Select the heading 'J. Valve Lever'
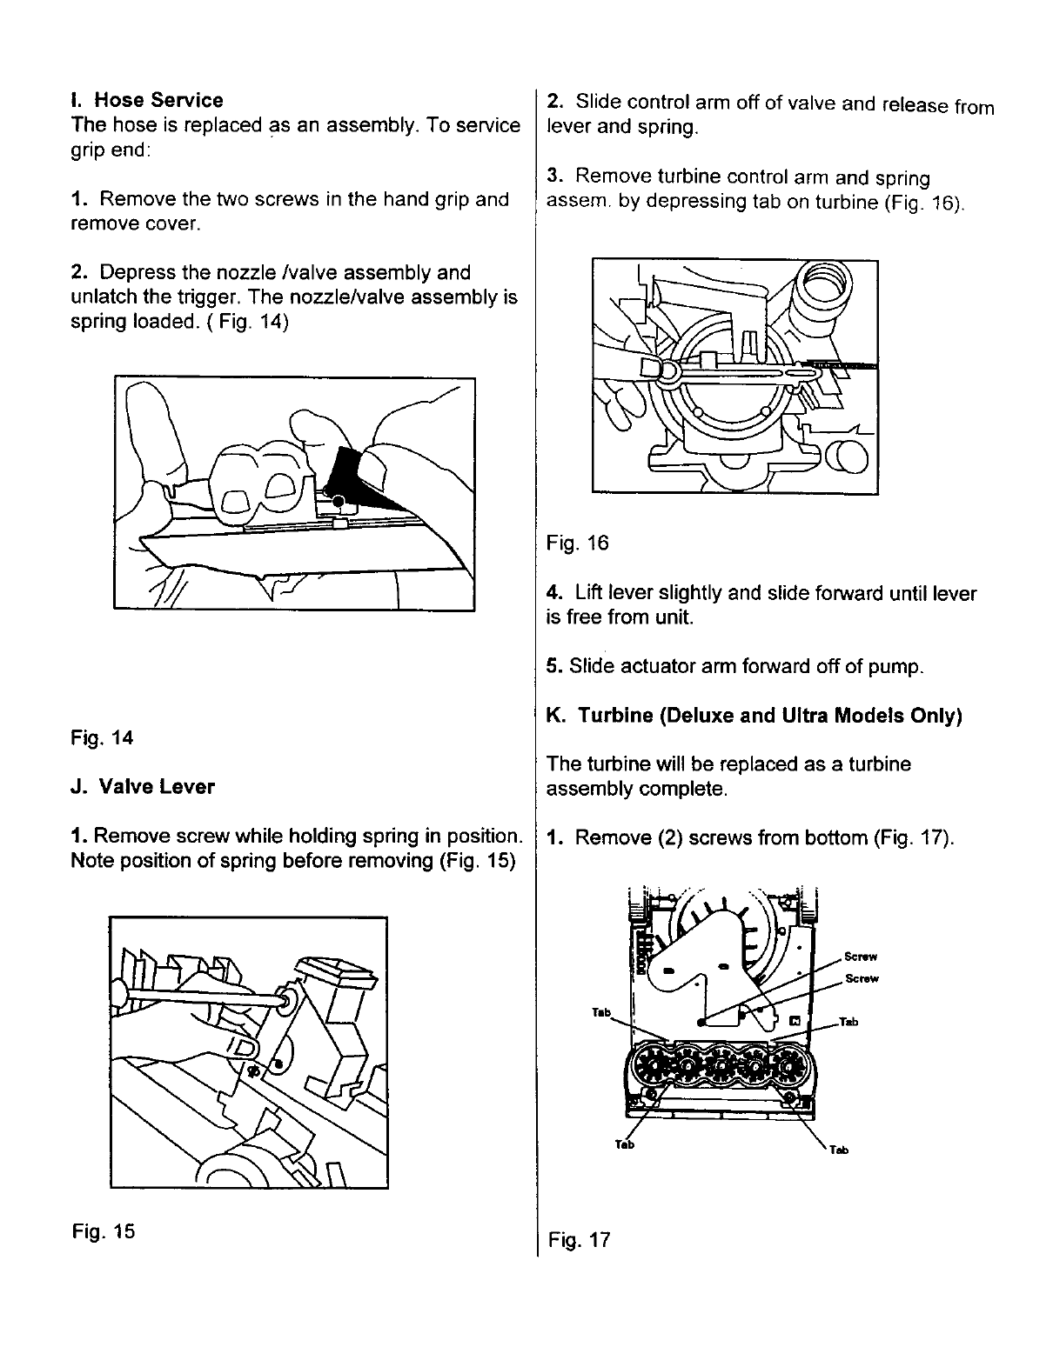coord(143,787)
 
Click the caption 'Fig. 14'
coord(103,738)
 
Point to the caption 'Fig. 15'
coord(104,1231)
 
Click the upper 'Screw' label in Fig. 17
coord(860,957)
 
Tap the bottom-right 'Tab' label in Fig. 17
coord(838,1150)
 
